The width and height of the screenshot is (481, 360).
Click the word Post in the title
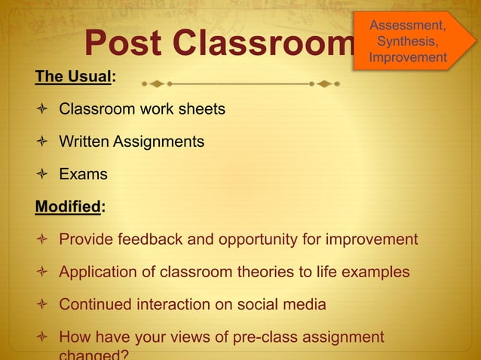point(124,44)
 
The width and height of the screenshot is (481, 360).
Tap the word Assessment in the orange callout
point(406,26)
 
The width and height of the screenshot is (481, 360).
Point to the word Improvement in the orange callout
point(407,57)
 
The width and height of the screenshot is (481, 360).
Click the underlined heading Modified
point(67,207)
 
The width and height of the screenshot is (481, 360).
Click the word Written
point(84,142)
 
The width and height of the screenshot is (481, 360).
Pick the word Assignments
point(158,142)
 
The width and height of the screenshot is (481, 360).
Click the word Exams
point(83,175)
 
